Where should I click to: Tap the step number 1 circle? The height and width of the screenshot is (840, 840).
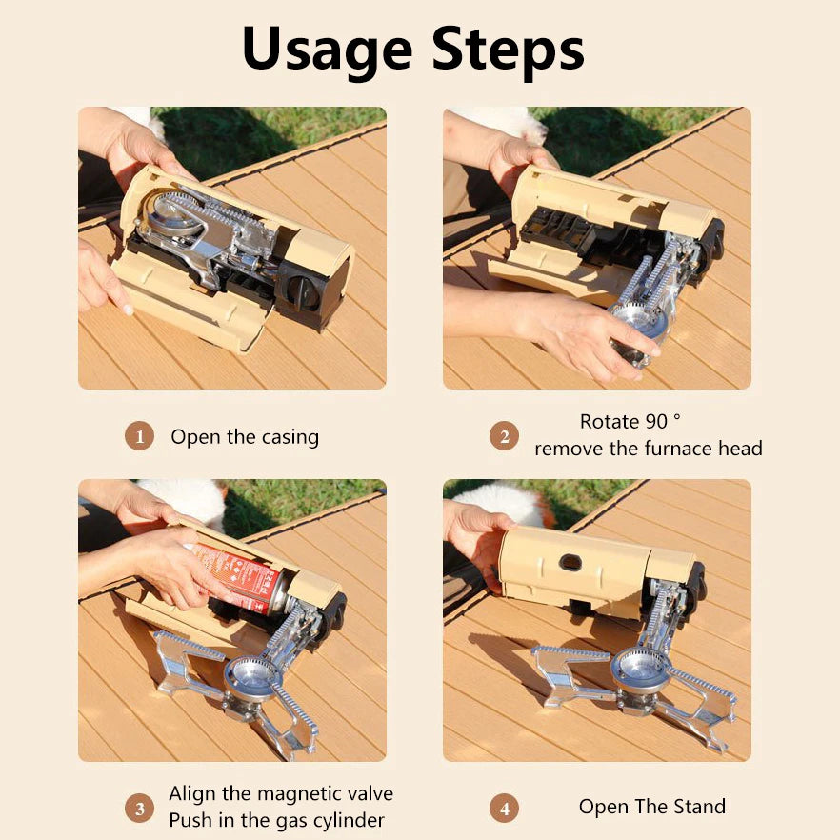139,437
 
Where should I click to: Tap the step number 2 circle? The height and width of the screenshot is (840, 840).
504,436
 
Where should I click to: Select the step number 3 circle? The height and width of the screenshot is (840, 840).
139,809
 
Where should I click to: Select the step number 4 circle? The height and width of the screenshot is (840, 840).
504,809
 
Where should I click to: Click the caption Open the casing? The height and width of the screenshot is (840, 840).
245,437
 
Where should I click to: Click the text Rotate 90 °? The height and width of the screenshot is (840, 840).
630,421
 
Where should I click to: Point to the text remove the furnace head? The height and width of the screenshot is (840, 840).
648,449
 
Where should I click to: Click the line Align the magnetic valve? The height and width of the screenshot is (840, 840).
281,793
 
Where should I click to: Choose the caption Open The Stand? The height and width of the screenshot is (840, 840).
651,807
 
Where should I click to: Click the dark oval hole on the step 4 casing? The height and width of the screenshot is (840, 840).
570,563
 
